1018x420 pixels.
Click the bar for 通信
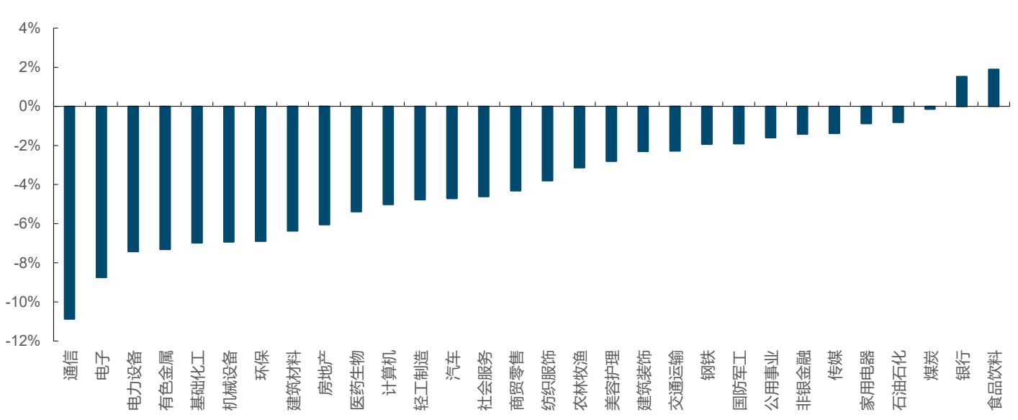tap(70, 213)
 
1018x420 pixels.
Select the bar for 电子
tap(102, 192)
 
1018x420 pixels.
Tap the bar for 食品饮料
tap(994, 88)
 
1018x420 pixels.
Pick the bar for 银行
tap(962, 91)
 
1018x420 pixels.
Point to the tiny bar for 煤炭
tap(930, 108)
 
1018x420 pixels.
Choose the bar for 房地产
tap(325, 166)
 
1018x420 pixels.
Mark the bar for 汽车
tap(451, 152)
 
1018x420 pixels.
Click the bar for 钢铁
tap(707, 125)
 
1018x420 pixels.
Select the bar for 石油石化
tap(898, 115)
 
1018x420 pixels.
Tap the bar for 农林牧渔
tap(580, 138)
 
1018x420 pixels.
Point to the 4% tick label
tap(30, 28)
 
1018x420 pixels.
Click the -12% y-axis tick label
tap(23, 341)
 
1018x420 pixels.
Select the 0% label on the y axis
tap(30, 107)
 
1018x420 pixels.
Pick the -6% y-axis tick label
tap(27, 223)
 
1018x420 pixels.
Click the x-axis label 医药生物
tap(357, 380)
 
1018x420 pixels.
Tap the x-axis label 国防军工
tap(739, 380)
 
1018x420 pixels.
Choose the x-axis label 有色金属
tap(166, 380)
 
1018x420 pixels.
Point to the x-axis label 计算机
tap(389, 372)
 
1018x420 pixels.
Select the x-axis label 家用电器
tap(867, 380)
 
